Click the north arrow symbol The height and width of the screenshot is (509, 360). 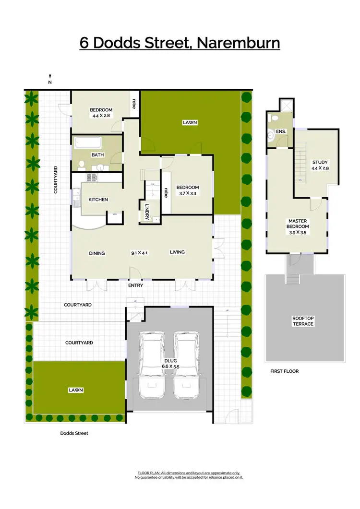tap(50, 77)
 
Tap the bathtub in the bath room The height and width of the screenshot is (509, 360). tap(88, 143)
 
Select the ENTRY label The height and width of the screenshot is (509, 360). tap(135, 285)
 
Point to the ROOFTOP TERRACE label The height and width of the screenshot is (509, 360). tap(303, 321)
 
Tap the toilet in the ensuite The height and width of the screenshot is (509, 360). tap(272, 135)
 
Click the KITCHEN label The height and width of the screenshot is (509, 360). tap(98, 200)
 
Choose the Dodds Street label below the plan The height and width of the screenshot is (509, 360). tap(74, 433)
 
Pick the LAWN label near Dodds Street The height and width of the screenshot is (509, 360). tap(75, 390)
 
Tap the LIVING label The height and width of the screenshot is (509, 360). tap(177, 252)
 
